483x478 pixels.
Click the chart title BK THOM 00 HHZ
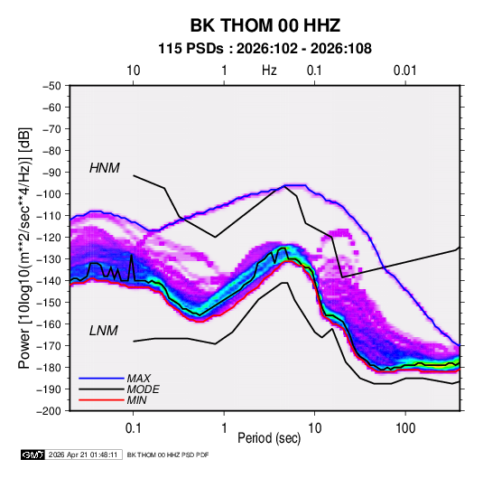tap(265, 25)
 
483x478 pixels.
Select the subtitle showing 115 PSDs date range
tap(265, 49)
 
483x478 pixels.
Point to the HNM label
tap(105, 168)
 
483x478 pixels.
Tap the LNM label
tap(104, 331)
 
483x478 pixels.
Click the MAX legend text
tap(139, 378)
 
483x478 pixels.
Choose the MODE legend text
tap(144, 389)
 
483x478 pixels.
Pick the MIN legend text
tap(136, 400)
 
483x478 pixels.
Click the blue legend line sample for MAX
tap(101, 379)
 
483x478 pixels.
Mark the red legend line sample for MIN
tap(101, 400)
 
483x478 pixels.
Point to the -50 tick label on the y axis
tap(51, 86)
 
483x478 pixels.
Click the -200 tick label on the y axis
tap(50, 411)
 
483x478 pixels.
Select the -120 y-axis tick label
tap(50, 238)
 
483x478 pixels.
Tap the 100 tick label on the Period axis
tap(405, 428)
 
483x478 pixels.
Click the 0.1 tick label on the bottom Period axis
tap(133, 428)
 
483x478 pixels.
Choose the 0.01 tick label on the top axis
tap(405, 70)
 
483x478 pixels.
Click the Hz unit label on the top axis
tap(269, 70)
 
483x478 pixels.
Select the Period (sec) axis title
tap(269, 438)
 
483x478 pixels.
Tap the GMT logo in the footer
tap(33, 455)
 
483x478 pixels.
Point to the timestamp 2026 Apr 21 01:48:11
tap(83, 455)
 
